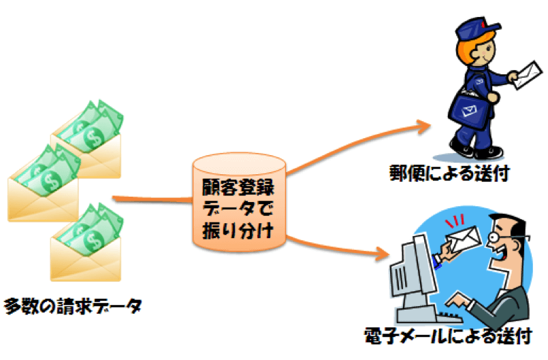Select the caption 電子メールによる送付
[x=446, y=336]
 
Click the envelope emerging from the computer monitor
[x=463, y=238]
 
